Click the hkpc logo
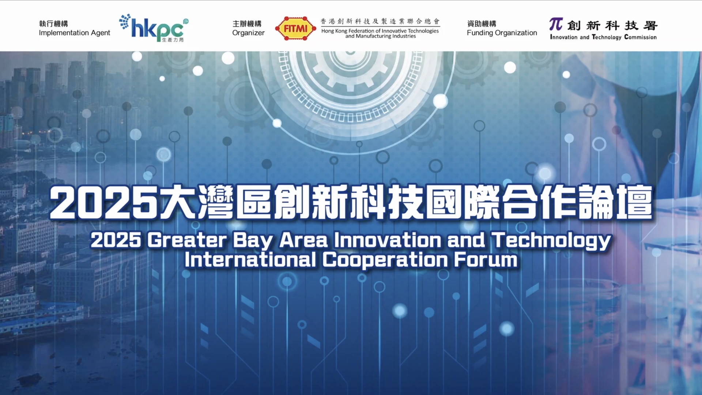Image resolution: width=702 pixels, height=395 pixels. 154,28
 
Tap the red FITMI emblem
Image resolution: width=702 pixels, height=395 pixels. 295,28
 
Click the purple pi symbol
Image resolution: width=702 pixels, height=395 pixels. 556,24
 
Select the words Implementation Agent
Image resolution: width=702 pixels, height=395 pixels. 74,33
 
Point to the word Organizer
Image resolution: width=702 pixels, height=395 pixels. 248,33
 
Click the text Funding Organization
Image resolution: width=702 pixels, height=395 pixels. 502,33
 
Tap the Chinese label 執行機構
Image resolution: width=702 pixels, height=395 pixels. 53,23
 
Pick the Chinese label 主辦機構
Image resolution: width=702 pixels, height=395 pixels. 247,23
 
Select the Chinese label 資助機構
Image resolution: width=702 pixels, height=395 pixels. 482,23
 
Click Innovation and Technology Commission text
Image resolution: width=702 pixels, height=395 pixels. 603,37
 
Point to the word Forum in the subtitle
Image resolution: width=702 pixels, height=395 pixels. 486,260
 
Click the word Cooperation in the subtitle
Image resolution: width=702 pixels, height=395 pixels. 385,261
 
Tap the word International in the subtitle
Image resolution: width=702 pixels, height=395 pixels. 250,260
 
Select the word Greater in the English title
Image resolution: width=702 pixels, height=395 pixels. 187,240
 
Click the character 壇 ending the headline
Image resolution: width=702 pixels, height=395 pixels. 635,202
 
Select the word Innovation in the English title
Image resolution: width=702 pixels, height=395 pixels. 388,240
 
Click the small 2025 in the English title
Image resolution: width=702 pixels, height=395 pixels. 116,240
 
